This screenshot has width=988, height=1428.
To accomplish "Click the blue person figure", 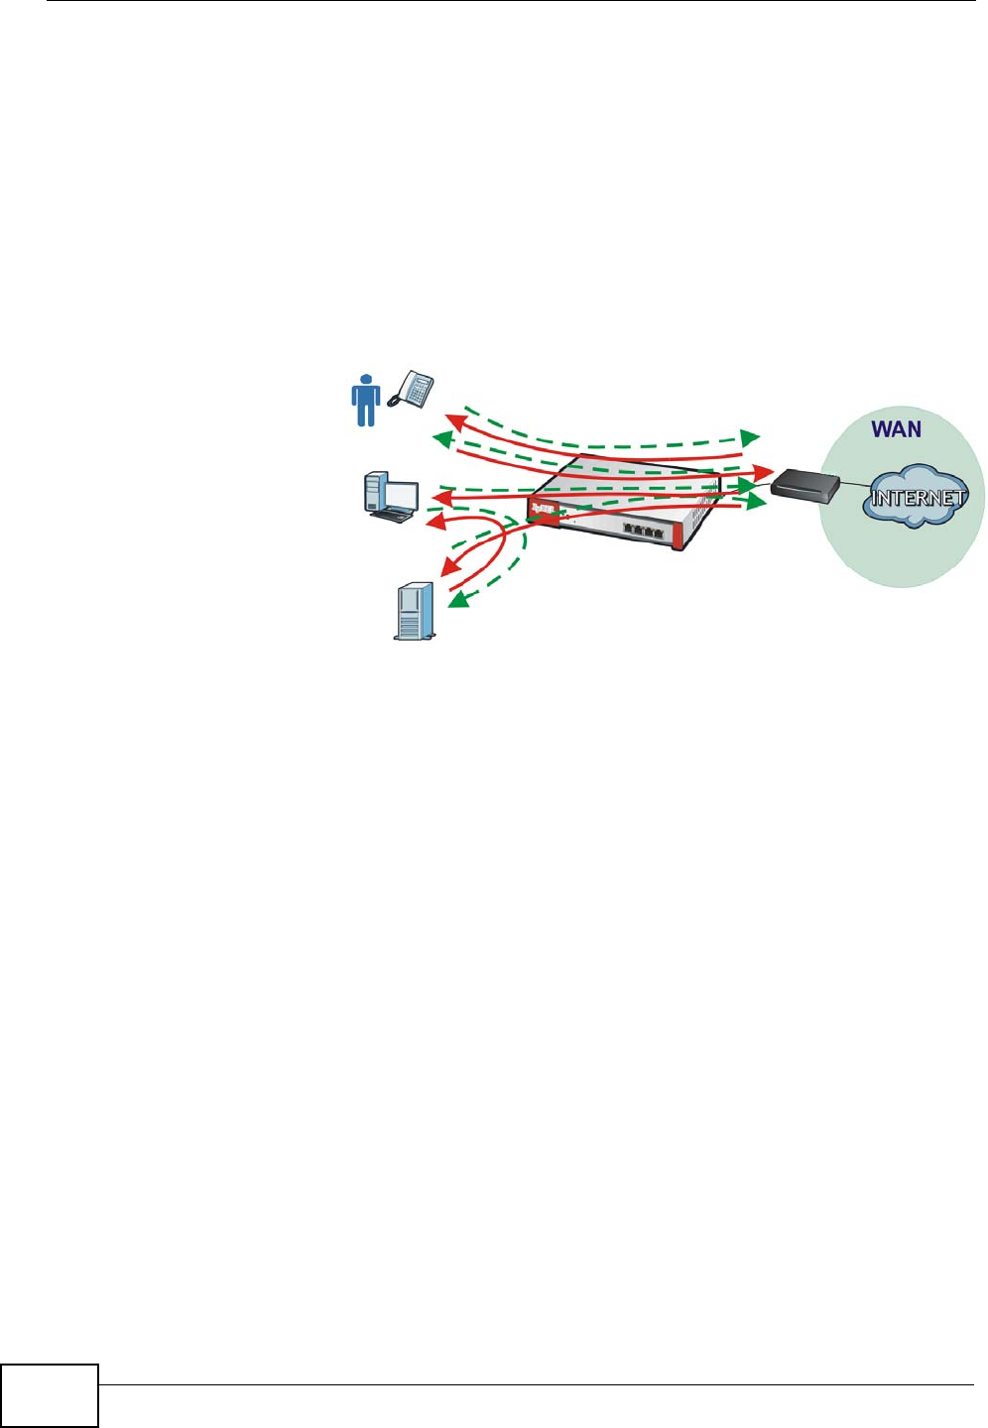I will click(366, 402).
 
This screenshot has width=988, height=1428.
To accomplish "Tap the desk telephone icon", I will click(413, 388).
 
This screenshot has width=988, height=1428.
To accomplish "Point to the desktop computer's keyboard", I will click(394, 515).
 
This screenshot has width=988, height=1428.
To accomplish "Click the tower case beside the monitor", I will click(374, 493).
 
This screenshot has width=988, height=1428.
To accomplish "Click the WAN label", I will click(896, 429).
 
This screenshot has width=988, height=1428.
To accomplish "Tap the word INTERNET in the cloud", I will click(918, 497).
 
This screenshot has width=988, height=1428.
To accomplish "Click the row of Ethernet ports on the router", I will click(643, 530).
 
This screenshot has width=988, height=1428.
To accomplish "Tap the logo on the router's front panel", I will click(545, 510).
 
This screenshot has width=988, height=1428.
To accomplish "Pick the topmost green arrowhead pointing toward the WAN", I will click(750, 436).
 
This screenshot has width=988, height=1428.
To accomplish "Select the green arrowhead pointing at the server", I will click(457, 598).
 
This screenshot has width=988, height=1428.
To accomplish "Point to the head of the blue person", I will click(366, 379).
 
